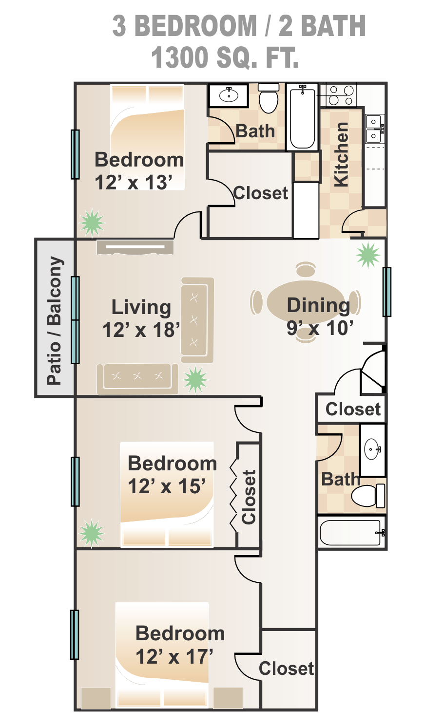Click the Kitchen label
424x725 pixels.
(x=342, y=154)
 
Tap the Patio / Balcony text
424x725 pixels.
(x=55, y=320)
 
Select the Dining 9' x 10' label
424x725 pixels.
(x=319, y=316)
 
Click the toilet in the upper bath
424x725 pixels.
(x=269, y=98)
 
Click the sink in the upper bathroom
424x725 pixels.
(x=229, y=95)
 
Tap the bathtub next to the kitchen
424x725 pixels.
(x=302, y=117)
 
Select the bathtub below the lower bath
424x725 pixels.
(x=352, y=532)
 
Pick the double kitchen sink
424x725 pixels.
(x=375, y=129)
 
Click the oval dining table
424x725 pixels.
(x=306, y=302)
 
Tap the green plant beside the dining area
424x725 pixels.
(x=368, y=255)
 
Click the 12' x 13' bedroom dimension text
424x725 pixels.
(x=134, y=182)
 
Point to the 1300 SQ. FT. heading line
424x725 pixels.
(x=225, y=57)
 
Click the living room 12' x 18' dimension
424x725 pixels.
(x=141, y=330)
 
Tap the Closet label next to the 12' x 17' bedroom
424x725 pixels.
(x=287, y=669)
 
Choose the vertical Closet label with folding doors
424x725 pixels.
(x=249, y=497)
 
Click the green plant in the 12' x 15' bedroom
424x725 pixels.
(x=92, y=533)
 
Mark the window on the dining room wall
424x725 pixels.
(x=387, y=292)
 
